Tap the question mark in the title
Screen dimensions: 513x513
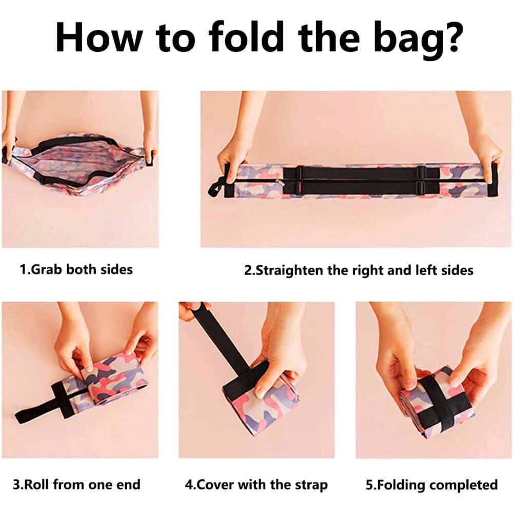[x=450, y=36]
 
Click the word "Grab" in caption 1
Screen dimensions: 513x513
[x=47, y=270]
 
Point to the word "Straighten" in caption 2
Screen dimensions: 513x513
[x=288, y=270]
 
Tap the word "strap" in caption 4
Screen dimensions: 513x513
[x=311, y=485]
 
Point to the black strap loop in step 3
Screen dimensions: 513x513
[x=42, y=405]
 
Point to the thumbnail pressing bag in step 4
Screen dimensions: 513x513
[x=261, y=390]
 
